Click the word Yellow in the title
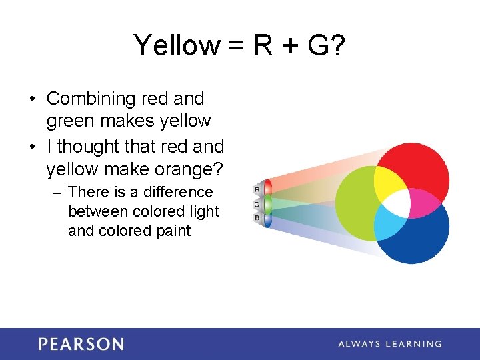coord(176,46)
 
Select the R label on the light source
coord(257,189)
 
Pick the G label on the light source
coord(257,204)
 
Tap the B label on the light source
coord(257,218)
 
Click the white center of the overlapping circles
coord(397,203)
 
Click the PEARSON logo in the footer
coord(81,344)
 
